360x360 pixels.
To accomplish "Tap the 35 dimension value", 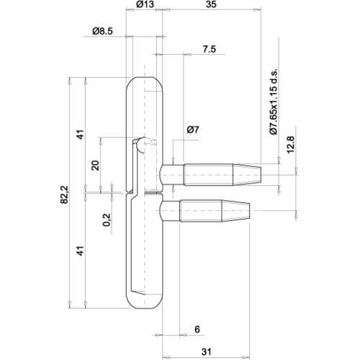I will tap(210, 6).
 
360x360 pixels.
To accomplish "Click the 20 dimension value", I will tap(96, 164).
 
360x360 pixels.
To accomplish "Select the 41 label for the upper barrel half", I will tap(81, 135).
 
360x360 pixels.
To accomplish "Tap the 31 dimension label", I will tap(207, 351).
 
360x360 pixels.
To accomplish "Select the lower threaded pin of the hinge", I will tap(216, 210).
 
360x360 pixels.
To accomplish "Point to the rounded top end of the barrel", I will tap(144, 83).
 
